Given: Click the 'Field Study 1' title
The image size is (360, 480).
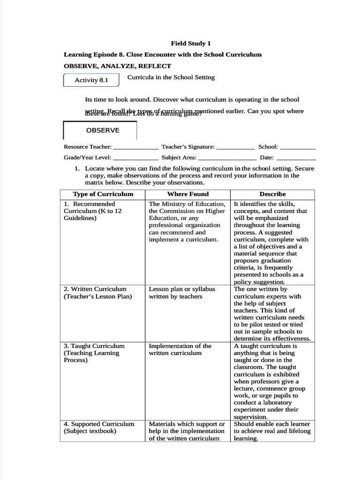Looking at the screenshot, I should [x=187, y=43].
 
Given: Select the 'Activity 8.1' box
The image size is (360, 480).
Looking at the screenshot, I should [x=91, y=80].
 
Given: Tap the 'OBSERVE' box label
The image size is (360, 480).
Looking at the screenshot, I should [x=102, y=130].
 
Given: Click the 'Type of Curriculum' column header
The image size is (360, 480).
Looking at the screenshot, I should [x=103, y=194].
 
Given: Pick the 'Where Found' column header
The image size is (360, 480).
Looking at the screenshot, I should [x=188, y=194].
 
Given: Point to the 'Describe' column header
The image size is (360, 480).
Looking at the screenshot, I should [x=272, y=194].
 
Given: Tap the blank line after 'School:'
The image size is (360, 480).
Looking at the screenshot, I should [x=298, y=148].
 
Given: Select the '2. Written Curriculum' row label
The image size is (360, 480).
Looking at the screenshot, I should [x=97, y=292].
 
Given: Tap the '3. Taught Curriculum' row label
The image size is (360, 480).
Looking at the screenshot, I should [x=94, y=353].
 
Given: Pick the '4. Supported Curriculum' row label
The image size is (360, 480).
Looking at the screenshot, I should [x=99, y=427].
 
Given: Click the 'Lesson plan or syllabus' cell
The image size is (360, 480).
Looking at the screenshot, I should [x=182, y=292].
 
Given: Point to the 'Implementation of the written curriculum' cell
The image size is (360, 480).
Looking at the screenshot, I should [x=180, y=349].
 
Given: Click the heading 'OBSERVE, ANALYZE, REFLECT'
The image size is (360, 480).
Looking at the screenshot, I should [x=118, y=66].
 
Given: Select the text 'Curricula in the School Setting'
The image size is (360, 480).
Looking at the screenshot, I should [x=168, y=77].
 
